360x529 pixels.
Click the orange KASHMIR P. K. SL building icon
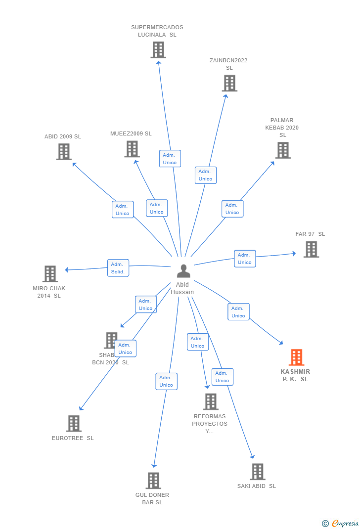296,357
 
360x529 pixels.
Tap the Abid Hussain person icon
183,271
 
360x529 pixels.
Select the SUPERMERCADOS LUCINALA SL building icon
158,50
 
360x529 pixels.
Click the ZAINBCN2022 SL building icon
229,83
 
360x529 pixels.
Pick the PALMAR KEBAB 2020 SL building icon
282,150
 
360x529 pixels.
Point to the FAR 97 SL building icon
311,250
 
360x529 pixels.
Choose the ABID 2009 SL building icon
64,152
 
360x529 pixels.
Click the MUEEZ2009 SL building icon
132,149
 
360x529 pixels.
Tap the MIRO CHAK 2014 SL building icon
50,274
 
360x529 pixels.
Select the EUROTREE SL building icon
74,423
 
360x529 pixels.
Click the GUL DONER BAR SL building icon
153,481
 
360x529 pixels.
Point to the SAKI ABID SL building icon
257,472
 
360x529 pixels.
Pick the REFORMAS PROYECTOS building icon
211,401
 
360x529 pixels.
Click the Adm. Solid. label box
118,268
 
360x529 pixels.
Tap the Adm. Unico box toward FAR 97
245,259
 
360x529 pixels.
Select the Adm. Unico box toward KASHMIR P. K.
238,311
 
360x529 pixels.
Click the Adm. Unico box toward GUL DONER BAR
166,381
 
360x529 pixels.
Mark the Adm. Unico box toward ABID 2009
122,210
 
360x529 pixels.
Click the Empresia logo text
345,523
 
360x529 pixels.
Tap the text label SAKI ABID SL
257,486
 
